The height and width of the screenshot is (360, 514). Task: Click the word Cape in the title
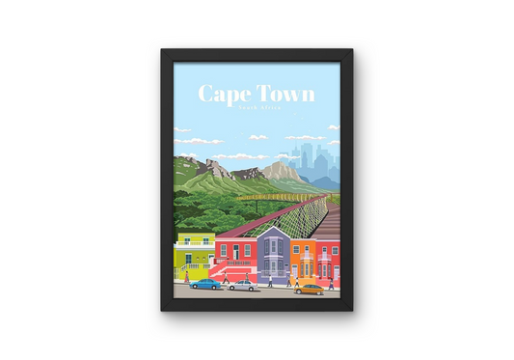coord(220,95)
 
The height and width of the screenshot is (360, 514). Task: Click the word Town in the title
coord(285,95)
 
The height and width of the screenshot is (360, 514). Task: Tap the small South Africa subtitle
coord(257,112)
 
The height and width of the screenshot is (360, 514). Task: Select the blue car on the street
coord(203,284)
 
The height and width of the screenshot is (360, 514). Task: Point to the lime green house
coord(194,257)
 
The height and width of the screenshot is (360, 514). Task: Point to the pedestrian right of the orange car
coord(330,283)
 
